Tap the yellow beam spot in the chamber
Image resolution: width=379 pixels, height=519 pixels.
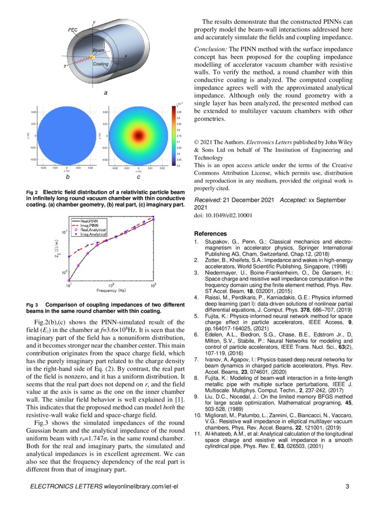point(91,58)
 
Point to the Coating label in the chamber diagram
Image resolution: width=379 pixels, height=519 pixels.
point(101,64)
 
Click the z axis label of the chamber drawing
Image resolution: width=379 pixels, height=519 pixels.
point(65,66)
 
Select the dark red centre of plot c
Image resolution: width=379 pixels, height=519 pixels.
point(138,132)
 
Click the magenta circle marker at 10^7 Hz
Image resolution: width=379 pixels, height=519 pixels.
point(69,280)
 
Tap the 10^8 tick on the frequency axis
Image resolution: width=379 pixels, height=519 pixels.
point(111,285)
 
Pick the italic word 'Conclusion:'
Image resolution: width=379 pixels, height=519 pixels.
point(211,49)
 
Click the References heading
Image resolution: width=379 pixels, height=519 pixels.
point(210,233)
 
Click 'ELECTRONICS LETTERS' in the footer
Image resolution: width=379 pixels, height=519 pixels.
point(66,487)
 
